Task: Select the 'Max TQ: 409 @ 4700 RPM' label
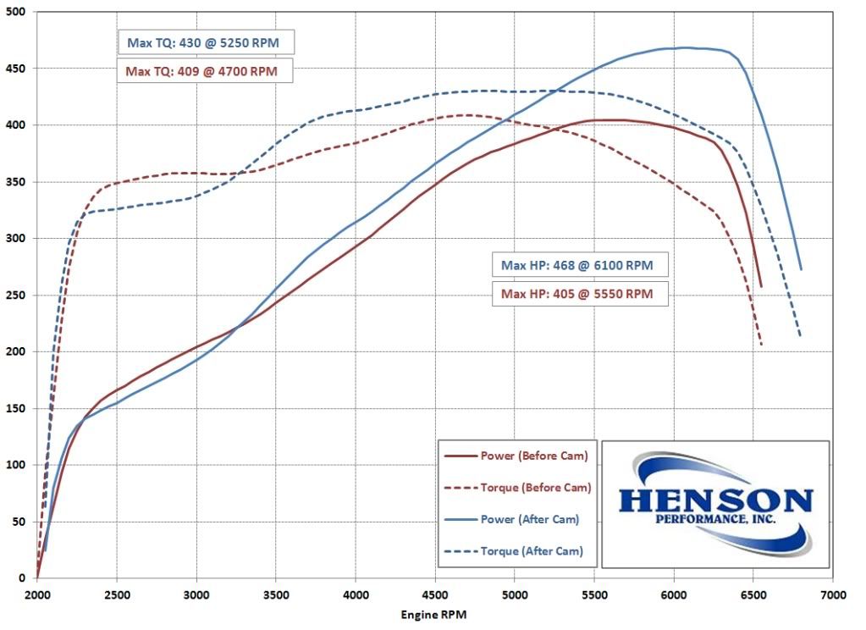[203, 70]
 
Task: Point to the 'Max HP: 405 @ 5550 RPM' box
[577, 294]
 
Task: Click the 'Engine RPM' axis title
[433, 614]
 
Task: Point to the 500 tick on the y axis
[15, 12]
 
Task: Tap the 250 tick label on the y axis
[15, 296]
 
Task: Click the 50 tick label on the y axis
[19, 522]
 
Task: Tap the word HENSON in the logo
[715, 499]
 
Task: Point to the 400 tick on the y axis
[15, 125]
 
